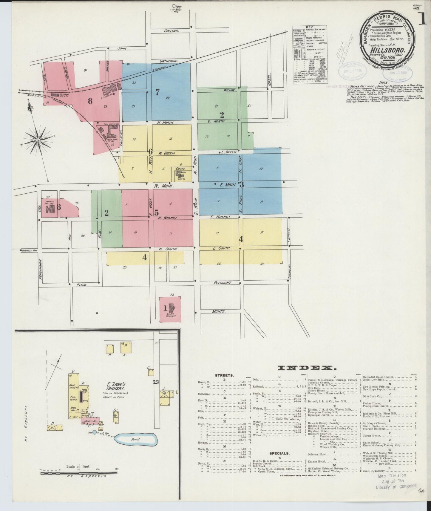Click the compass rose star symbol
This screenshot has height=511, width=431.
click(x=38, y=140)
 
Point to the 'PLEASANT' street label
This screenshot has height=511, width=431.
click(x=222, y=283)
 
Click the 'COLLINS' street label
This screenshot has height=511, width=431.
click(x=172, y=31)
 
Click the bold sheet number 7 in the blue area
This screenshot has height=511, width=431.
click(x=157, y=92)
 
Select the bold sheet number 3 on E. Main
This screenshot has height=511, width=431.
click(x=242, y=184)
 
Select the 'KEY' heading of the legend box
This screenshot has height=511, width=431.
click(x=309, y=27)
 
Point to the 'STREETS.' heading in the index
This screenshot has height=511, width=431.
click(x=224, y=375)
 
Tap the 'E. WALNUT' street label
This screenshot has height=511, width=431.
click(x=221, y=217)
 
